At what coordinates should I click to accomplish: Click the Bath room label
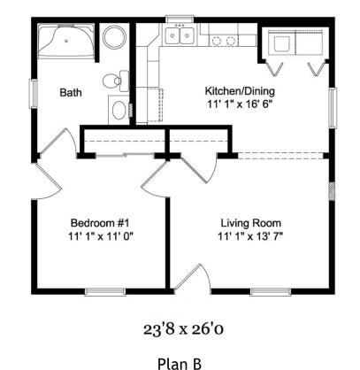coord(71,92)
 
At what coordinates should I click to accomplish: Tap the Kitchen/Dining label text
coord(240,91)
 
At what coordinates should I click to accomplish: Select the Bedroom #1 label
coord(100,222)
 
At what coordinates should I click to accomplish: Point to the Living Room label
coord(251,223)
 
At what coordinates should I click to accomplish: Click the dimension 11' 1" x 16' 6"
coord(239,104)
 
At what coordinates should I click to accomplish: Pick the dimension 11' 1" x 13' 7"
coord(250,236)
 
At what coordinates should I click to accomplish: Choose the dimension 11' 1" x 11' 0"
coord(101,236)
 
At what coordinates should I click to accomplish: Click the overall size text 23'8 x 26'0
coord(183,329)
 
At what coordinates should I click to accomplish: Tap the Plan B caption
coord(180,364)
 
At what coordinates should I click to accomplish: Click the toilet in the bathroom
coord(116,81)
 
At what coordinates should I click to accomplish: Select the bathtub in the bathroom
coord(66,41)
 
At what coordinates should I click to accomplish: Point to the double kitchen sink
coord(180,35)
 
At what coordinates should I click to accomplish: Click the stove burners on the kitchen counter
coord(224,41)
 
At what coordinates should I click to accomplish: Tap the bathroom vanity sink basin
coord(119,111)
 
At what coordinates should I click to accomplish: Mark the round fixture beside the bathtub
coord(115,37)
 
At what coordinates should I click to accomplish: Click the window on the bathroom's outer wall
coord(33,94)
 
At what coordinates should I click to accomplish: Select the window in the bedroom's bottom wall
coord(105,291)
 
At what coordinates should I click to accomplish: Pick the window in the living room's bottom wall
coord(271,291)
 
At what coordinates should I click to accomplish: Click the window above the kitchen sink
coord(180,19)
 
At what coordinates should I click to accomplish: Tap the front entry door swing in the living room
coord(193,278)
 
